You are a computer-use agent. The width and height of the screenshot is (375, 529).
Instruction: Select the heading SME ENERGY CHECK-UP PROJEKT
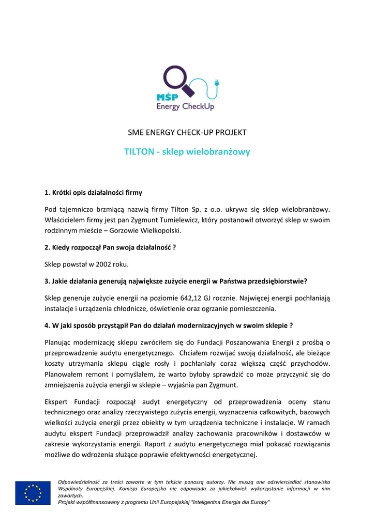point(187,133)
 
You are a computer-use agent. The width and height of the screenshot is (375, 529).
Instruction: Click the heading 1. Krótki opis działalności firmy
point(93,193)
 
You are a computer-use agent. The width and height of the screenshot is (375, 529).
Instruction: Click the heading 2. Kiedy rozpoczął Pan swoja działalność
point(110,247)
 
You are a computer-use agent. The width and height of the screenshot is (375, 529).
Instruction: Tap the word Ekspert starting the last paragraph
point(58,401)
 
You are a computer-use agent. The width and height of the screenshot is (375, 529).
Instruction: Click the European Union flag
point(33,493)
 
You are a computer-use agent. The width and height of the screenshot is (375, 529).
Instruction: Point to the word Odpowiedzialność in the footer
point(79,482)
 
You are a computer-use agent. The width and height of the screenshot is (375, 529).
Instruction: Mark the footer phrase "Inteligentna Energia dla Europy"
point(231,502)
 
